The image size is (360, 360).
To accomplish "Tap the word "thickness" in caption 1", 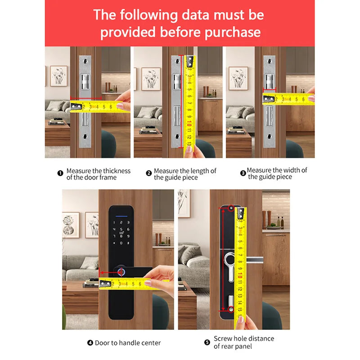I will [117, 171].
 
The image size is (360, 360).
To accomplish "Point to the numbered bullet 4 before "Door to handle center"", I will [90, 343].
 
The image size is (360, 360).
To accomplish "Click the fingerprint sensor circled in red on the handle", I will [122, 272].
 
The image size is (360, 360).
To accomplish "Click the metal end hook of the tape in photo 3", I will [270, 99].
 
